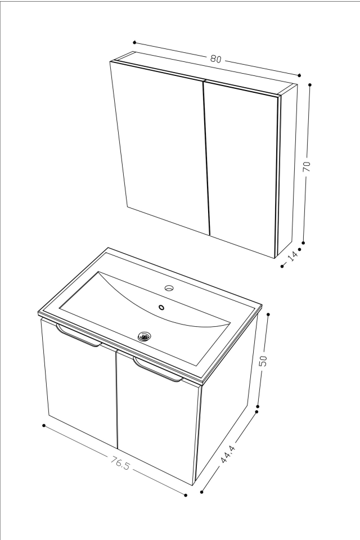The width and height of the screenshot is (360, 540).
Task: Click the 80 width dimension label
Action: coord(215,58)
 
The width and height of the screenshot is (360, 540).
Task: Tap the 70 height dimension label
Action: coord(307,165)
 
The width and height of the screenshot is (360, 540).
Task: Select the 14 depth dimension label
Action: coord(292,256)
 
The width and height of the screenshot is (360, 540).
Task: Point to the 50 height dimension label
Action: coord(263,361)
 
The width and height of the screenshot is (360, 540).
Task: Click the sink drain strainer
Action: coord(145,336)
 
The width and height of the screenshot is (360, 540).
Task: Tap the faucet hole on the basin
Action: coord(169,288)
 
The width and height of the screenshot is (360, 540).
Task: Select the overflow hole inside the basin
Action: coord(162,307)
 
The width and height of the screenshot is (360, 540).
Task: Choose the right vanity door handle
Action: coord(157,371)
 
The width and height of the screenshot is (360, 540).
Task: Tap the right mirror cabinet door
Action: coord(242,169)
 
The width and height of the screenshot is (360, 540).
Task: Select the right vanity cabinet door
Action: coord(157,427)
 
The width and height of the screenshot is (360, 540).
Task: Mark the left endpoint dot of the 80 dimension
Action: coord(134,42)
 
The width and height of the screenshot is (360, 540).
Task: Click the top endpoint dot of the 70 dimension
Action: coord(310,85)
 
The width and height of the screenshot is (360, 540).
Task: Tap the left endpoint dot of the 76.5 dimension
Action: coord(43,425)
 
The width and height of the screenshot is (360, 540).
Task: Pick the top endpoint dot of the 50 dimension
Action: coord(268,314)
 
